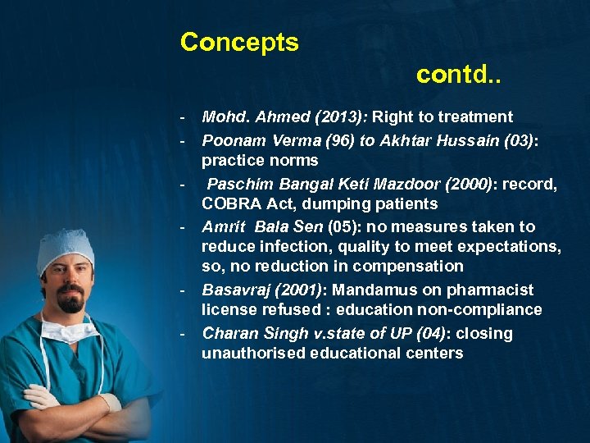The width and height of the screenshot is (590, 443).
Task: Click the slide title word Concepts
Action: click(239, 42)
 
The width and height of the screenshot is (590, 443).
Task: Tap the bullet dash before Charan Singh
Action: click(185, 333)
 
